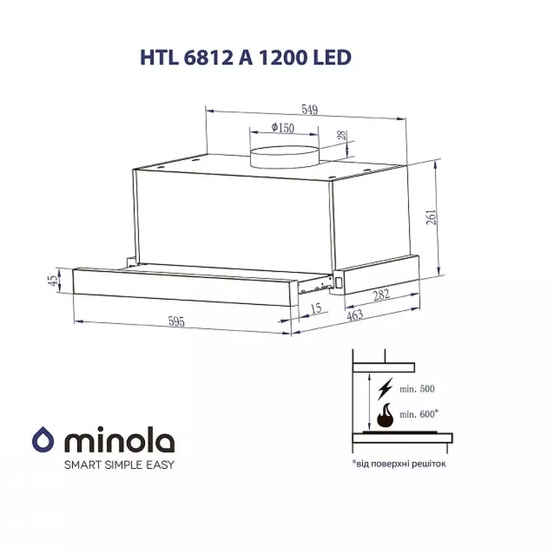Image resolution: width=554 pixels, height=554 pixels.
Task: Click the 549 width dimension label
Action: [309, 110]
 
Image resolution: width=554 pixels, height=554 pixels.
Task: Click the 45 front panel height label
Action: [52, 280]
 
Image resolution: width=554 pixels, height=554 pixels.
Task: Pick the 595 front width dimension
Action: [176, 322]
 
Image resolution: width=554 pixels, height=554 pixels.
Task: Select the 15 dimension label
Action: [316, 308]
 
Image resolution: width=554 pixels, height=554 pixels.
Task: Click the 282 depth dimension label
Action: [381, 295]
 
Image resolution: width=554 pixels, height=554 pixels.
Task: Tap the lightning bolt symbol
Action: [385, 388]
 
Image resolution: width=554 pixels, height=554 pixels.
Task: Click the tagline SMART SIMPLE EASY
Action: [119, 464]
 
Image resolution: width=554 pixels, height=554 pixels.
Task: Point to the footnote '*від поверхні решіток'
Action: [399, 464]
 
